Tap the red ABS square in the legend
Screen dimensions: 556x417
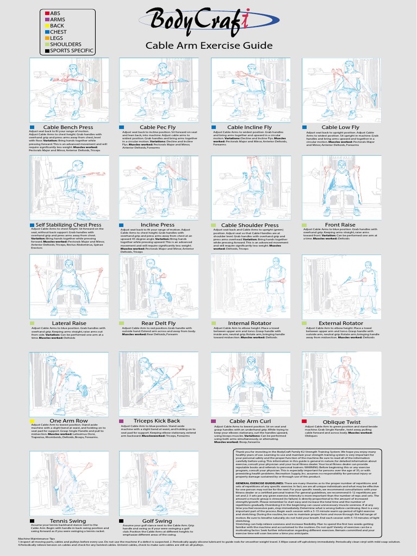[x=48, y=12]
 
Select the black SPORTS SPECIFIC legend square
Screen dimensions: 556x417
[x=48, y=50]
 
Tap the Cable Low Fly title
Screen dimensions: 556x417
[x=340, y=128]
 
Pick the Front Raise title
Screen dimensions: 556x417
[x=340, y=225]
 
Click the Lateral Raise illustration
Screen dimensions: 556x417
[x=68, y=286]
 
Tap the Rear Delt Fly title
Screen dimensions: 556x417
[x=158, y=324]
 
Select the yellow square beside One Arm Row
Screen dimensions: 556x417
[x=32, y=421]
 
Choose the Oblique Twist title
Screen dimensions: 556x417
[x=342, y=421]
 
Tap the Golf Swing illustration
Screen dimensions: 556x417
[x=159, y=483]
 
